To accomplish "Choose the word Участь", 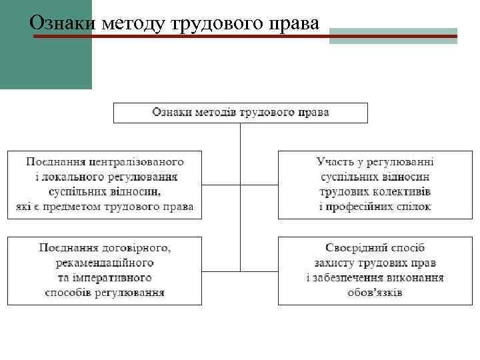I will [334, 161].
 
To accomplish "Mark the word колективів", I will [403, 192].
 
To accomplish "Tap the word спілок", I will [414, 207].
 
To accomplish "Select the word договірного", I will [137, 247].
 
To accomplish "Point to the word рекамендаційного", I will [105, 262].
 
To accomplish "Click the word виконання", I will [418, 277].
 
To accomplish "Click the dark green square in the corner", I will [45, 44].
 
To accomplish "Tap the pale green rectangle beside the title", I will [393, 35].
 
